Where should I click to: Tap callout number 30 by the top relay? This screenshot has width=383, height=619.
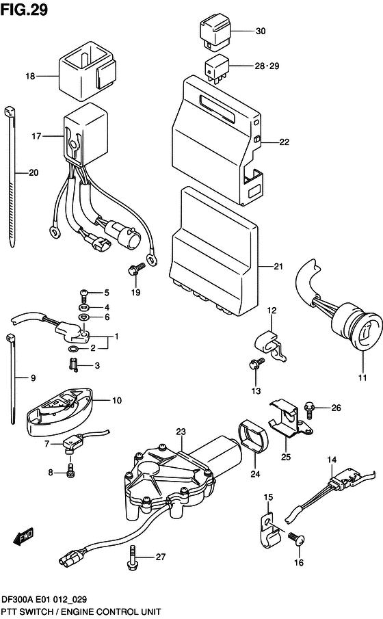click(260, 31)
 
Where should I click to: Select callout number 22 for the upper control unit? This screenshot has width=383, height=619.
click(284, 142)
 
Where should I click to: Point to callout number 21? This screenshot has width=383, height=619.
click(278, 267)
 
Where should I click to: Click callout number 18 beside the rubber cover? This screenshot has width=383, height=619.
click(30, 77)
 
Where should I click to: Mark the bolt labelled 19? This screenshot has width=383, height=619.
click(135, 269)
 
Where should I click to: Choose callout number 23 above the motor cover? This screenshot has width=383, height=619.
click(181, 432)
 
